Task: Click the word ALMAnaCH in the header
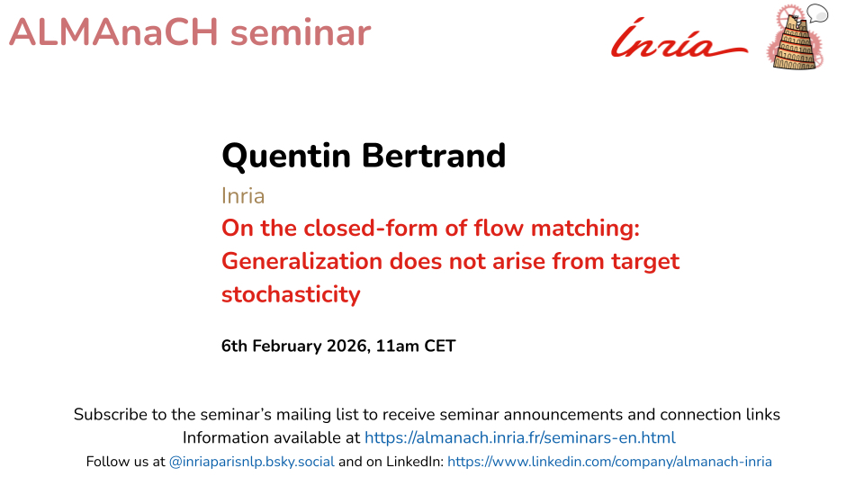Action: pos(114,32)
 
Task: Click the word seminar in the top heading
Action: pos(301,32)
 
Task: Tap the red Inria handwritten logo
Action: pos(679,39)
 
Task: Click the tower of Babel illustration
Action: pos(795,41)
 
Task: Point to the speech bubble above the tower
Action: pos(817,13)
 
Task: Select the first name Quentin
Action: pos(286,156)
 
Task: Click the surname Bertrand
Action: pos(434,156)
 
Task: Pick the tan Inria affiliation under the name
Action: pos(243,196)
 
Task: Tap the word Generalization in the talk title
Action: pos(302,261)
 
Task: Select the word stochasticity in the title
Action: pos(291,295)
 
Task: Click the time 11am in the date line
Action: pos(397,346)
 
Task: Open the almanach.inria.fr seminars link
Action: pos(520,438)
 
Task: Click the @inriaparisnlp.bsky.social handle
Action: pos(252,462)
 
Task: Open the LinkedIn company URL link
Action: pos(609,462)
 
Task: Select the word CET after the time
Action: pos(440,346)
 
